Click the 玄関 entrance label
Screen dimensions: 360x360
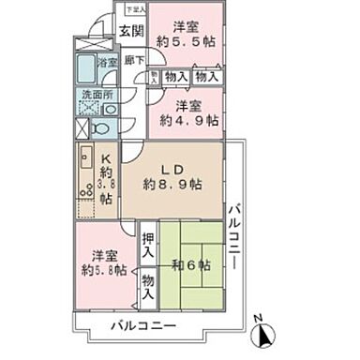(129, 36)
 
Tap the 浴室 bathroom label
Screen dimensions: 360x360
(106, 62)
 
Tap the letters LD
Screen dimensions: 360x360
(171, 168)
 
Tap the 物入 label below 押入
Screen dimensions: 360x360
(148, 282)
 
